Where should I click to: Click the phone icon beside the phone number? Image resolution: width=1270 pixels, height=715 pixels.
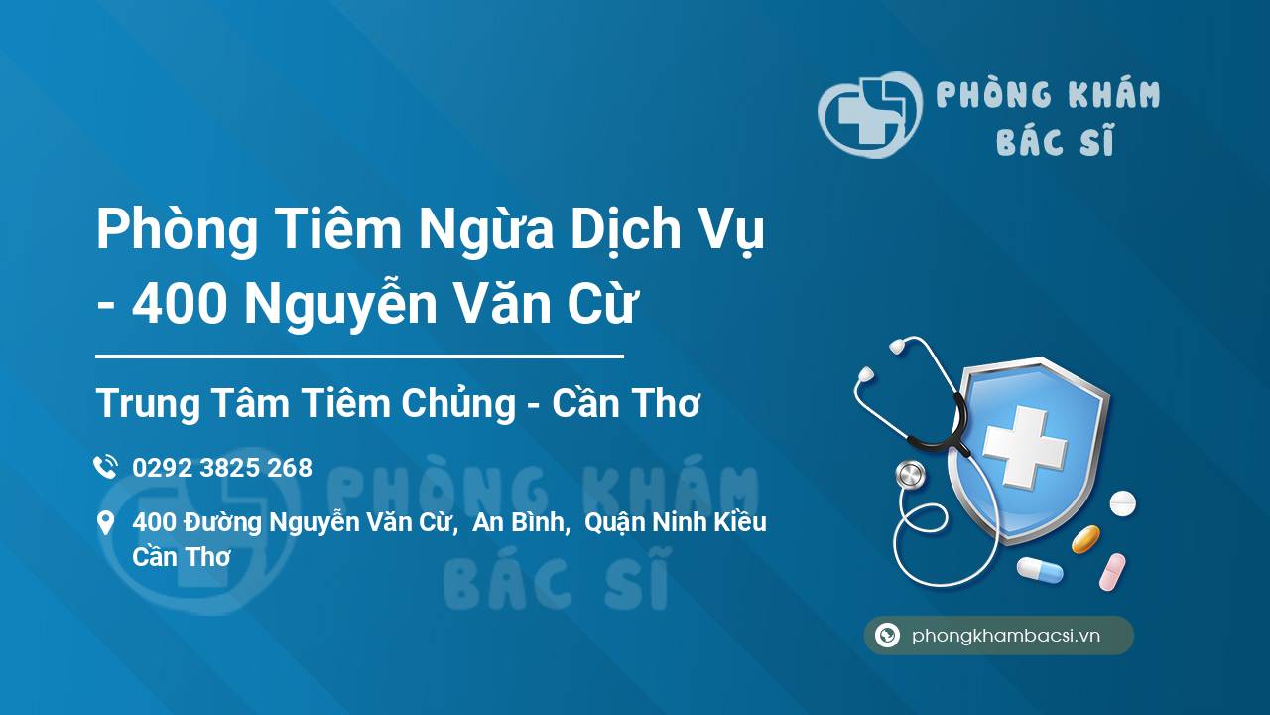click(105, 467)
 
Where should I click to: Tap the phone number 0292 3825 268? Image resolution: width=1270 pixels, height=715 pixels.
click(222, 468)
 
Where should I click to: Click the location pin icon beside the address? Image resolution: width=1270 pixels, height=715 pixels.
click(105, 523)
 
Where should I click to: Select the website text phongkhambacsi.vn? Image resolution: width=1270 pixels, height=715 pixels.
click(1006, 636)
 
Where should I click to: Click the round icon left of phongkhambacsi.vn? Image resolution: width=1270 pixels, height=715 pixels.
click(887, 635)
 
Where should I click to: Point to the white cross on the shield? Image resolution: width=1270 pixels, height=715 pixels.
click(1025, 447)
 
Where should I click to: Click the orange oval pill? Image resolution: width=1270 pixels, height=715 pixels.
click(1085, 539)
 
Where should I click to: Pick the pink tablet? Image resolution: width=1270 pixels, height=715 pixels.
click(1112, 572)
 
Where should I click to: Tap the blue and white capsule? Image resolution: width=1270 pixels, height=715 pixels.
click(1039, 570)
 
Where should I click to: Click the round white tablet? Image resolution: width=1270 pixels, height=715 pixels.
click(1122, 503)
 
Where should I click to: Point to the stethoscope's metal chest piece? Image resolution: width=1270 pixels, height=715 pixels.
click(910, 475)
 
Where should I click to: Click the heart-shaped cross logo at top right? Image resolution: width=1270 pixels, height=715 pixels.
click(870, 114)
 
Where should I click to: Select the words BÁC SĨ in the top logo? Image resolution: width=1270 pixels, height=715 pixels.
click(1055, 140)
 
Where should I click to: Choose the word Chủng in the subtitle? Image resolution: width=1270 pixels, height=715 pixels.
click(458, 403)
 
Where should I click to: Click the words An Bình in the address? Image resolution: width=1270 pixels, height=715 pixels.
click(521, 522)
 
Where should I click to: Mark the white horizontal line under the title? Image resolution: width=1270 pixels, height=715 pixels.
click(359, 357)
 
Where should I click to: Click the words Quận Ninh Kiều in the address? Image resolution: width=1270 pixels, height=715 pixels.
click(676, 523)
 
